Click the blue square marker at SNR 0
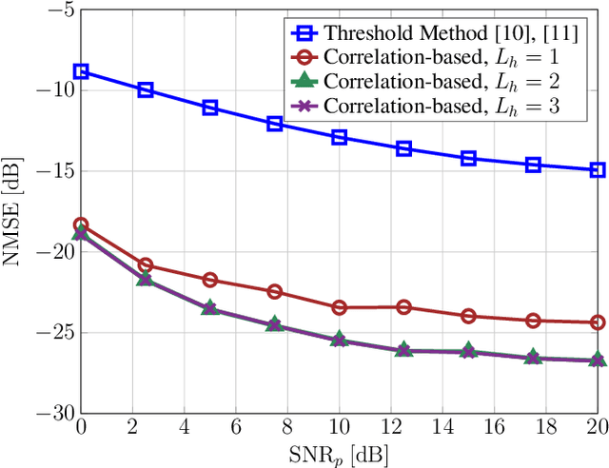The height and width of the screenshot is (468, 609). pos(81,71)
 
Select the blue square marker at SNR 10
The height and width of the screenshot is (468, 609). pos(339,137)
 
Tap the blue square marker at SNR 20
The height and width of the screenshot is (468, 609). pos(598,170)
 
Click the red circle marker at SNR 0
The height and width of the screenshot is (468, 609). pos(81,224)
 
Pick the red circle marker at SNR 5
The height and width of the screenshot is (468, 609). pos(210,280)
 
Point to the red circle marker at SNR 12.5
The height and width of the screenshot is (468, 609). pos(403,306)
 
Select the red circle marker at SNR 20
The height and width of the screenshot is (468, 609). pos(598,322)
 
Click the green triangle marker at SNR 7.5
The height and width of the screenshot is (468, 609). pos(274,324)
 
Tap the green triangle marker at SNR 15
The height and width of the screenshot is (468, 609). pos(468,351)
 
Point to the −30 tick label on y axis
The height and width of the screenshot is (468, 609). pos(53,414)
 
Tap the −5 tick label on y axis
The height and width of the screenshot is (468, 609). pos(58,10)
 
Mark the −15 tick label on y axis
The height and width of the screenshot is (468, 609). pos(53,171)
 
